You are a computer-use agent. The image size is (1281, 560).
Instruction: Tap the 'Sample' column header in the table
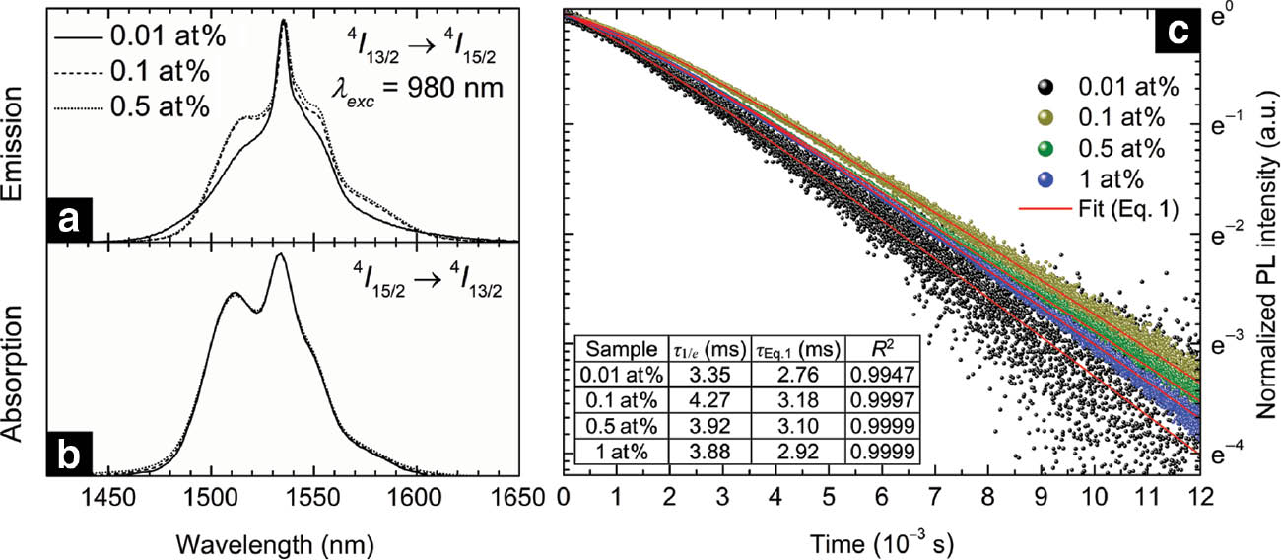click(617, 349)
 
